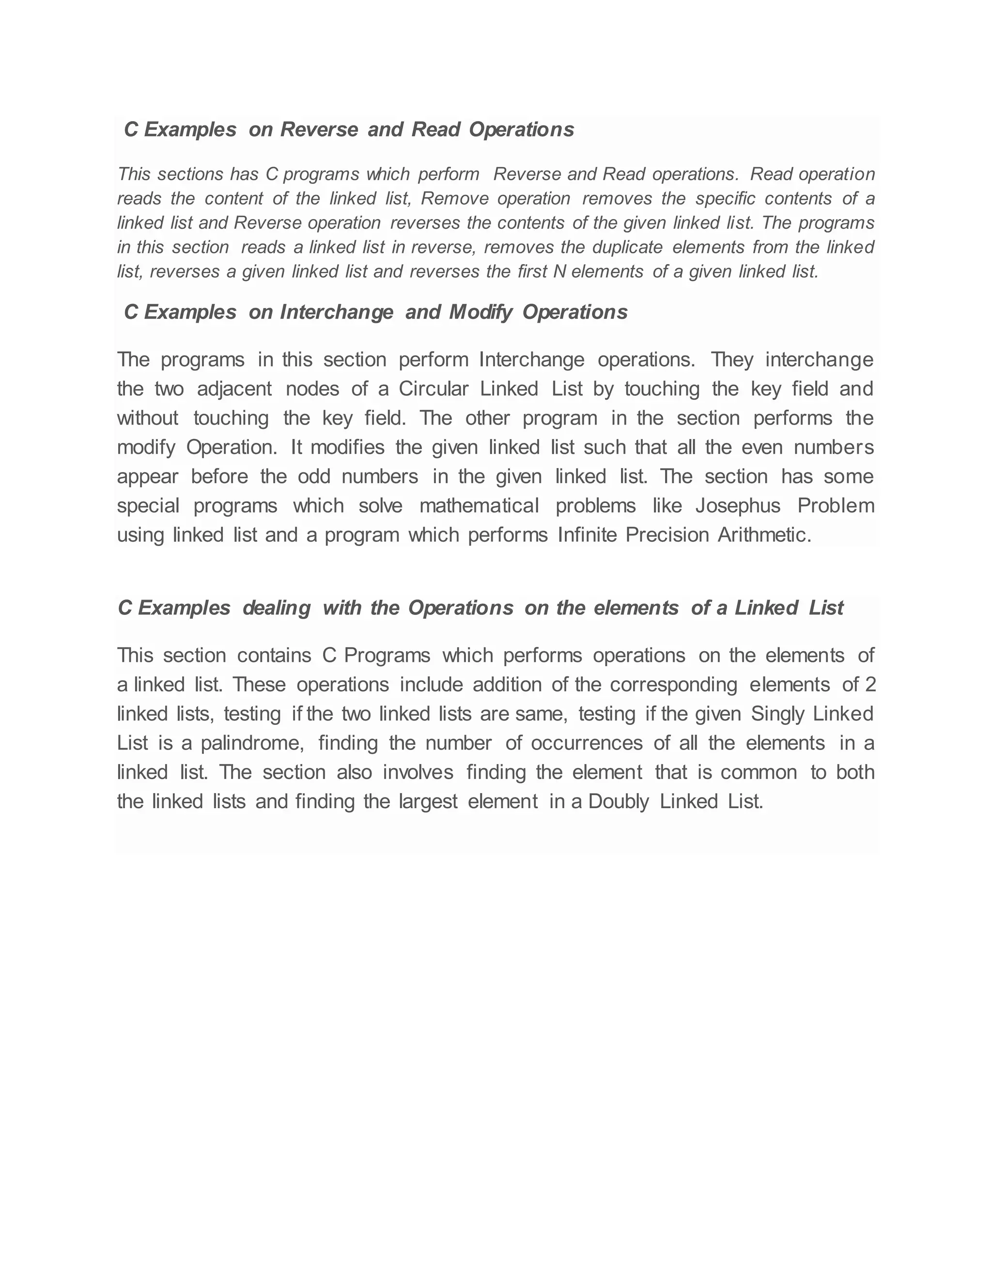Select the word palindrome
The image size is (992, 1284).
252,743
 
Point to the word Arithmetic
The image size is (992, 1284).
764,535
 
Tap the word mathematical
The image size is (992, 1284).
479,505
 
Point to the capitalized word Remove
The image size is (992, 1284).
454,199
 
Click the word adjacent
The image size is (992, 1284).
234,389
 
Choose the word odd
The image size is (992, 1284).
314,476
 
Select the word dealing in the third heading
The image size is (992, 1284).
276,608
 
